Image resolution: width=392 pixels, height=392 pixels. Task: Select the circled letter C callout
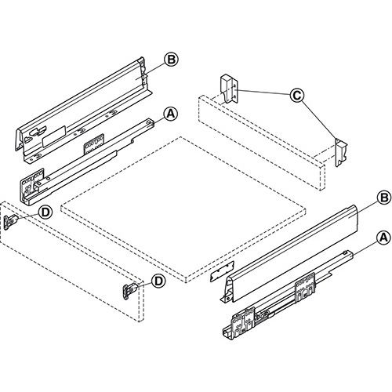[x=296, y=96]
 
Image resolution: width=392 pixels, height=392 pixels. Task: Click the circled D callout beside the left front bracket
[x=45, y=211]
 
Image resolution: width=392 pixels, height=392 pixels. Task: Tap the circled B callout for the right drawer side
[x=383, y=196]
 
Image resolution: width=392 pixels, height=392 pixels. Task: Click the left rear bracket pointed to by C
[x=228, y=88]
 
